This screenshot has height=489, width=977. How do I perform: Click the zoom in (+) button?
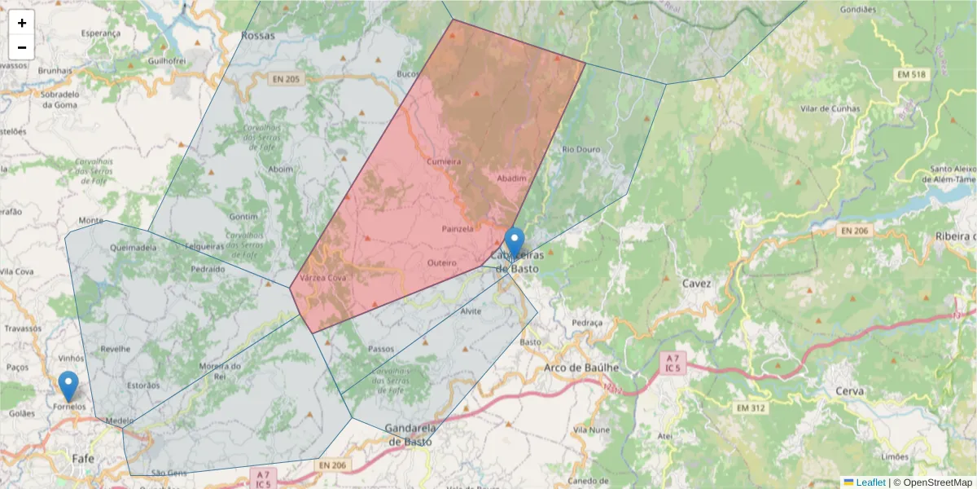pyautogui.click(x=22, y=23)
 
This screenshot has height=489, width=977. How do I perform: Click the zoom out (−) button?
pyautogui.click(x=22, y=47)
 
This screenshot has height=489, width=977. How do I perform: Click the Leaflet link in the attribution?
pyautogui.click(x=870, y=482)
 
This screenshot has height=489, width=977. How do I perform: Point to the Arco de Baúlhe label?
pyautogui.click(x=581, y=368)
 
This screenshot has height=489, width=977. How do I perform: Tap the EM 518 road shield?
pyautogui.click(x=912, y=75)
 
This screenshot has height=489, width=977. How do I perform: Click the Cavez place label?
pyautogui.click(x=697, y=284)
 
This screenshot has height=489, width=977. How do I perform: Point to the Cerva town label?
pyautogui.click(x=849, y=390)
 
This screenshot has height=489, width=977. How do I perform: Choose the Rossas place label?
pyautogui.click(x=258, y=36)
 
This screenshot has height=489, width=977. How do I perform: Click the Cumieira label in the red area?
pyautogui.click(x=444, y=161)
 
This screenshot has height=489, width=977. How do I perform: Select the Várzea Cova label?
pyautogui.click(x=323, y=278)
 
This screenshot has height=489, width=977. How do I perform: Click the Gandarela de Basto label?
pyautogui.click(x=410, y=435)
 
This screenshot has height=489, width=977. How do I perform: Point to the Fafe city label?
pyautogui.click(x=83, y=458)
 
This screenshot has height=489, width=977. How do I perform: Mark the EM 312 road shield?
pyautogui.click(x=753, y=407)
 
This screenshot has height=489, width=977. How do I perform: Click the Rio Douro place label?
pyautogui.click(x=580, y=149)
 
